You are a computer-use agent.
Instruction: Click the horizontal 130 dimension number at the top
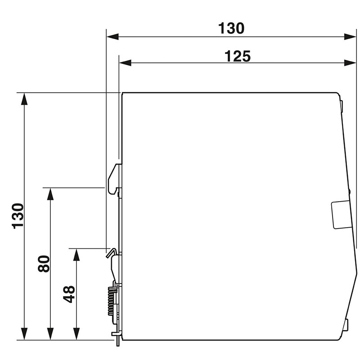(x=231, y=28)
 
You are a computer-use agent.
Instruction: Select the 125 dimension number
(x=237, y=56)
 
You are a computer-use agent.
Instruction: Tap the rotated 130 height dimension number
(x=18, y=216)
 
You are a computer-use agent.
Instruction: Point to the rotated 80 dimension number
(x=44, y=263)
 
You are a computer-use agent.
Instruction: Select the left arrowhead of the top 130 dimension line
(x=112, y=36)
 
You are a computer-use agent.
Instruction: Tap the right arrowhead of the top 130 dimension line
(x=351, y=36)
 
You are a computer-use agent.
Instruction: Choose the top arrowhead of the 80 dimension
(x=50, y=193)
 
